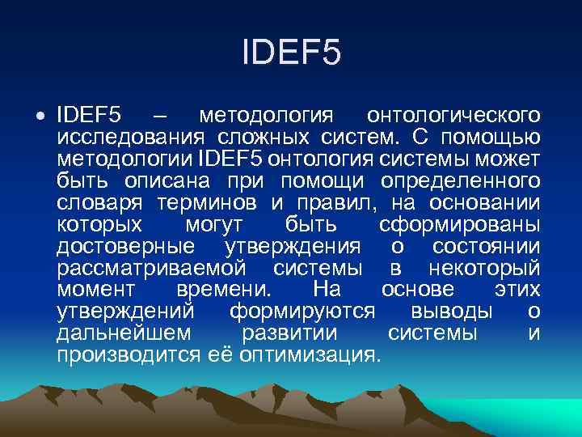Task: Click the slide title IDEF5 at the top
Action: point(291,54)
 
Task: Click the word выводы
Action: point(451,311)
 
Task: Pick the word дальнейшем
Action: point(124,333)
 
